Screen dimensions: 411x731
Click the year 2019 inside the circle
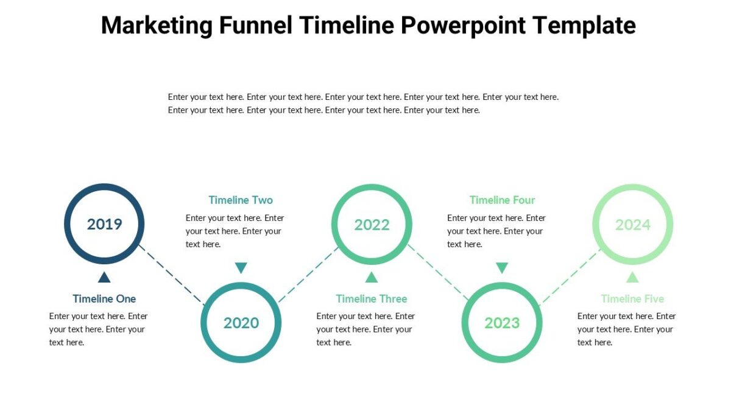[x=104, y=224]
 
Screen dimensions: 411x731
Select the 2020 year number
[x=241, y=323]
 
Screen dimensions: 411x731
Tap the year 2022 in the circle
[x=372, y=225]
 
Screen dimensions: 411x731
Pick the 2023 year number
[x=502, y=323]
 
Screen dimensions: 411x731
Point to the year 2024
[x=633, y=225]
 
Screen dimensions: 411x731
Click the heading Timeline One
[x=104, y=299]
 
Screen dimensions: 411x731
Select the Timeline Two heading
[x=241, y=200]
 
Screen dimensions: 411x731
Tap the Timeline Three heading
[x=372, y=299]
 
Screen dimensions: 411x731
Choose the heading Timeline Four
[x=502, y=200]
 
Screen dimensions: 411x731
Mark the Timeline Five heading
[x=632, y=299]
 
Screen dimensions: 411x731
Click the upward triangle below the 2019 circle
[x=104, y=278]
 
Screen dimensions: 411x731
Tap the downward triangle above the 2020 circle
[x=241, y=268]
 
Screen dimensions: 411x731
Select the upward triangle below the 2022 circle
[x=372, y=278]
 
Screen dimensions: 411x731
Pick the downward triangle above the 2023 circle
[x=502, y=268]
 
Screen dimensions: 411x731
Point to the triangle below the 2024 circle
[x=632, y=278]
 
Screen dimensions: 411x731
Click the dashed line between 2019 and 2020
[x=172, y=274]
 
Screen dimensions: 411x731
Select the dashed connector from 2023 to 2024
[x=570, y=275]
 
